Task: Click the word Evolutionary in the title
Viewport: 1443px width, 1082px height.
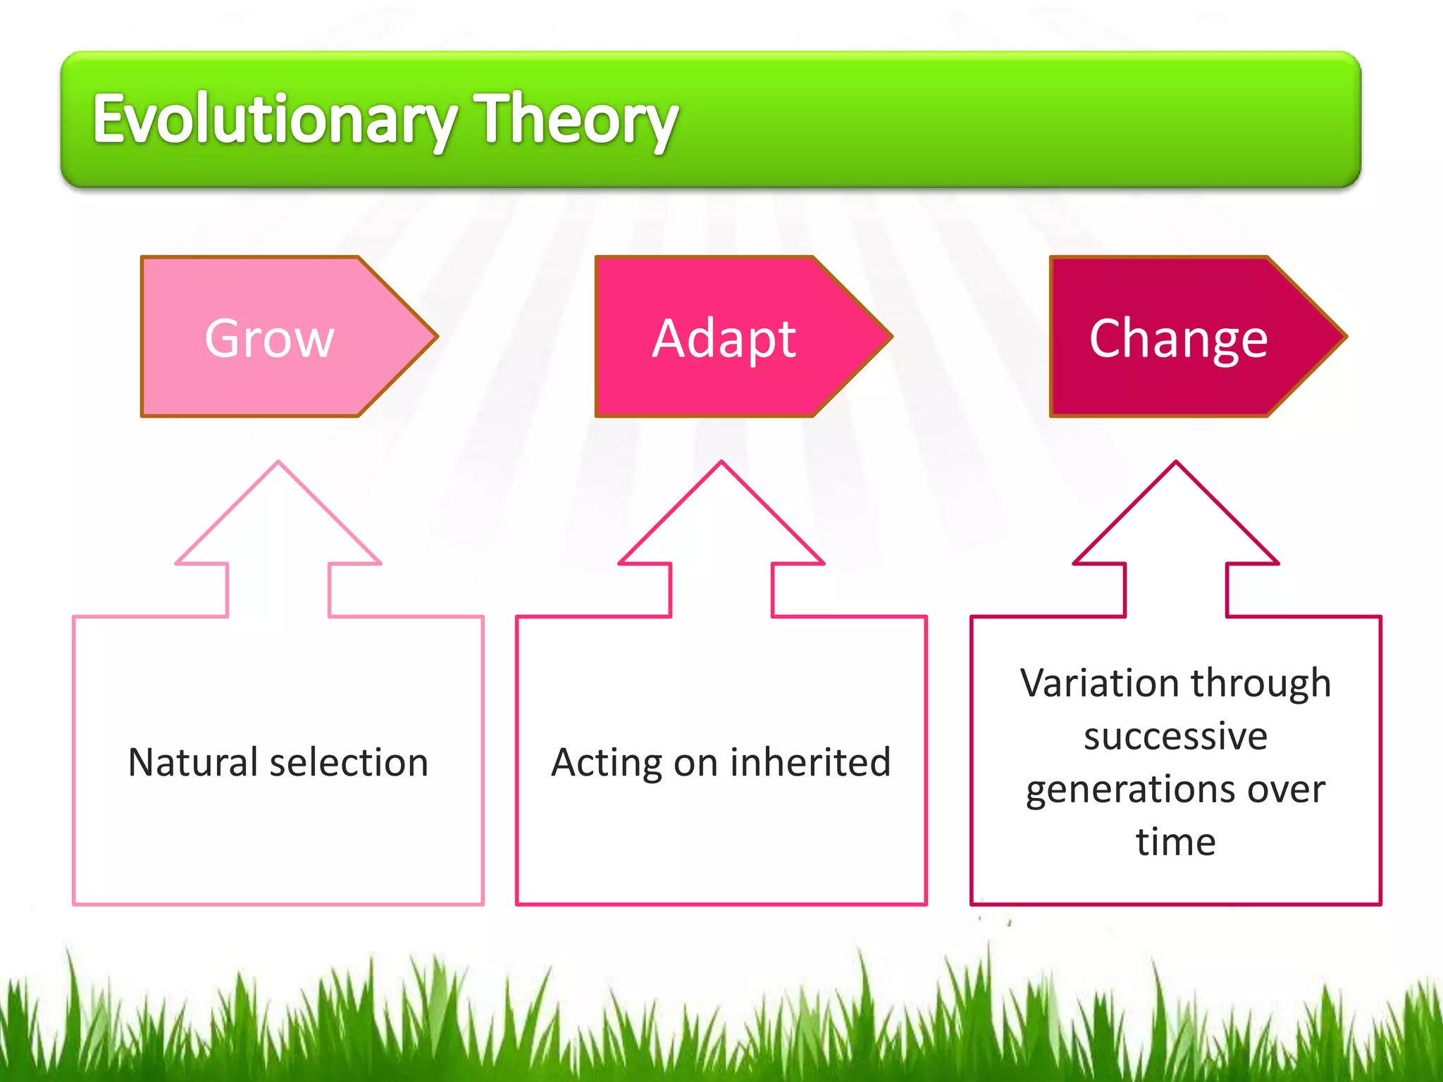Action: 275,120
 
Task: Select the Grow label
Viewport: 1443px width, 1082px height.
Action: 269,339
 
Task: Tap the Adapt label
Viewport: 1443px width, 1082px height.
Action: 724,339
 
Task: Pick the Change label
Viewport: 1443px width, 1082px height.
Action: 1178,339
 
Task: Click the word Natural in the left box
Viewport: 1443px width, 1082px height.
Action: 193,762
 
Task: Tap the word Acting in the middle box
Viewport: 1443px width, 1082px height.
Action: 606,763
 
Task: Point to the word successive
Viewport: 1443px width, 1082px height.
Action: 1175,737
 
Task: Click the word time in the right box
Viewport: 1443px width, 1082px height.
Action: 1175,842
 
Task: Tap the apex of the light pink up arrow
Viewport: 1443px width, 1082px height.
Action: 278,464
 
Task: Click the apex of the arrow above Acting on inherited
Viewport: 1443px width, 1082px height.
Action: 721,464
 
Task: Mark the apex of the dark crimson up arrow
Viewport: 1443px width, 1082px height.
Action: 1176,464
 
